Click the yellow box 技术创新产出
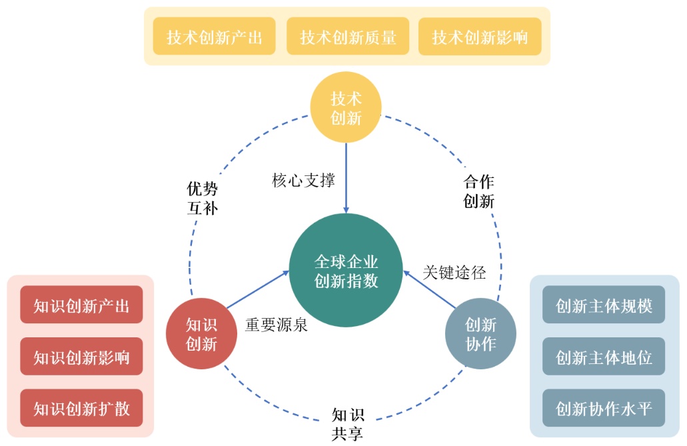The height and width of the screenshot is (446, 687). coord(215,36)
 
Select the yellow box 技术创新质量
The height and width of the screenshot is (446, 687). coord(348,36)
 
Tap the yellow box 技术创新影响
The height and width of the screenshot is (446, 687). coord(480,36)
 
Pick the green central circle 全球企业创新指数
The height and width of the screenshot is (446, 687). coord(346,270)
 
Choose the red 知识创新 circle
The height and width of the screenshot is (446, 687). coord(201,334)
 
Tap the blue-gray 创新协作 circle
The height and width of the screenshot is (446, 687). coord(480,334)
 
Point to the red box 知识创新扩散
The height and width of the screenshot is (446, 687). coord(81,408)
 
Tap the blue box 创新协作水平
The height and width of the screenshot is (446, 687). coord(604,408)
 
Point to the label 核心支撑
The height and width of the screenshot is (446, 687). coord(303,180)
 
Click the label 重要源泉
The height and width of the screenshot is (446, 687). coord(276,326)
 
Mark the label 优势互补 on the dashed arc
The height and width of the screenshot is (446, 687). coord(203,198)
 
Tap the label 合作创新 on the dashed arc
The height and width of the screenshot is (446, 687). coord(478,191)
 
